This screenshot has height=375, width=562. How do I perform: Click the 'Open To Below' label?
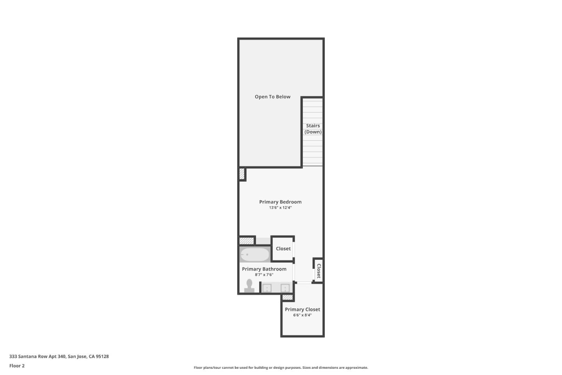[272, 97]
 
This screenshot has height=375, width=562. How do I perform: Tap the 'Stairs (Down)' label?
[313, 129]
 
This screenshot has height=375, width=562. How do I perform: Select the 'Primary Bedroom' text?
[280, 202]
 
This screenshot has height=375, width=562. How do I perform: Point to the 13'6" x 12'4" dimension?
[280, 208]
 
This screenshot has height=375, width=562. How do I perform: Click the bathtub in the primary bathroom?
[254, 255]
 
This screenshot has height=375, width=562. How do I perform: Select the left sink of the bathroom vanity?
[267, 288]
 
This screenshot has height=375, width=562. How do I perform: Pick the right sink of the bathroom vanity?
[285, 288]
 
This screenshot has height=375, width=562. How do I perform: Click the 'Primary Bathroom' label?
[264, 269]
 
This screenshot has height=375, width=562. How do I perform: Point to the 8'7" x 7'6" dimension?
[264, 275]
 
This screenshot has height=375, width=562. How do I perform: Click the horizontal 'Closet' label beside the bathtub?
[283, 249]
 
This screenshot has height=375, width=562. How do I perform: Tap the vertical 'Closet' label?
[318, 270]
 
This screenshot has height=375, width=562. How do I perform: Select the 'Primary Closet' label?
[302, 309]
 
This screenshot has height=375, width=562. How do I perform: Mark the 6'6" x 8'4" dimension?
[302, 315]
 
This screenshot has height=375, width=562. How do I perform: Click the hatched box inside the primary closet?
[288, 298]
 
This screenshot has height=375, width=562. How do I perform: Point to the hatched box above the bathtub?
[246, 241]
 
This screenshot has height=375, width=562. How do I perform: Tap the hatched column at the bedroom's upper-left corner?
[242, 174]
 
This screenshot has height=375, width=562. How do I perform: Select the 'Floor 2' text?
[17, 366]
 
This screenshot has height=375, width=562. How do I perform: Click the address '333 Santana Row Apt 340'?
[37, 356]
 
